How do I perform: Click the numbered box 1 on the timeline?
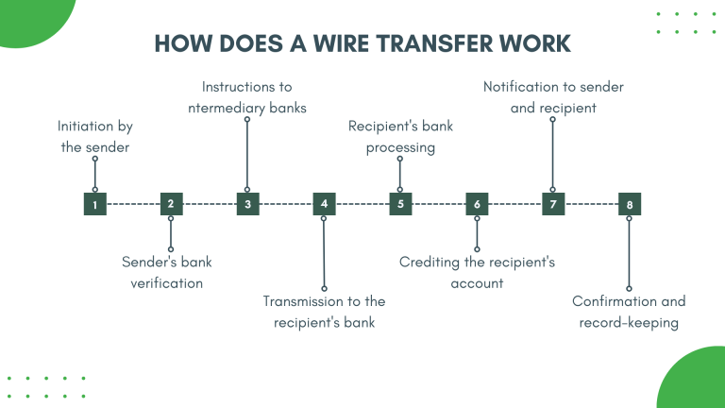click(x=94, y=203)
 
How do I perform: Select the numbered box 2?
click(x=171, y=203)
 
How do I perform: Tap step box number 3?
click(x=247, y=203)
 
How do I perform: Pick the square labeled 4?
click(x=324, y=203)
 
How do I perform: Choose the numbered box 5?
click(x=400, y=203)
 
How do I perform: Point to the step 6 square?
click(x=477, y=203)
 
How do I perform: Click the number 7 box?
click(x=553, y=203)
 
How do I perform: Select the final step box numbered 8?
click(x=630, y=203)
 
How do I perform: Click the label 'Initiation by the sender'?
click(x=94, y=136)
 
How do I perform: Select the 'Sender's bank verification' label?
click(x=167, y=271)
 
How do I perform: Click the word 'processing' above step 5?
click(x=400, y=147)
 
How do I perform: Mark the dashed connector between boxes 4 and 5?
click(x=362, y=203)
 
